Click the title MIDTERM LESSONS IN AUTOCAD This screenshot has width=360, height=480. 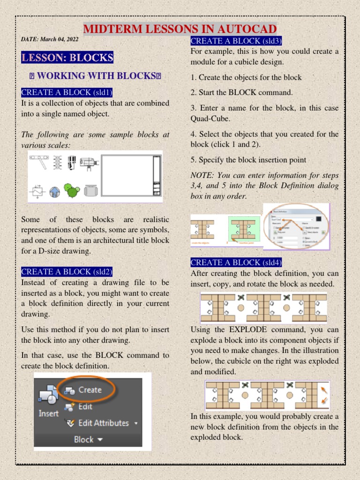click(180, 29)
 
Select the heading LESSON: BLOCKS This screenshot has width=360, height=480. click(67, 58)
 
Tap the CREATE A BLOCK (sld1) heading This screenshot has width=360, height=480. click(67, 92)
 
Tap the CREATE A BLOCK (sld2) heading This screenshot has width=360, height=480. click(67, 272)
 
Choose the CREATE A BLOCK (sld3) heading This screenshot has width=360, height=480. click(236, 41)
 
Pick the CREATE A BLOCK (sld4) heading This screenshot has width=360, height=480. click(236, 262)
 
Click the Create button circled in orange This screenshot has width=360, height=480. click(90, 390)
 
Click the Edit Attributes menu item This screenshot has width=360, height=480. click(103, 423)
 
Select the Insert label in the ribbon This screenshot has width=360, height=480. click(48, 413)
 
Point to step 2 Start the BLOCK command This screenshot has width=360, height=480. click(241, 92)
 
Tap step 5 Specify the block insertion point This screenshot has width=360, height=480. click(248, 160)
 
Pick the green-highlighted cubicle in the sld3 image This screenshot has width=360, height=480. click(244, 229)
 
